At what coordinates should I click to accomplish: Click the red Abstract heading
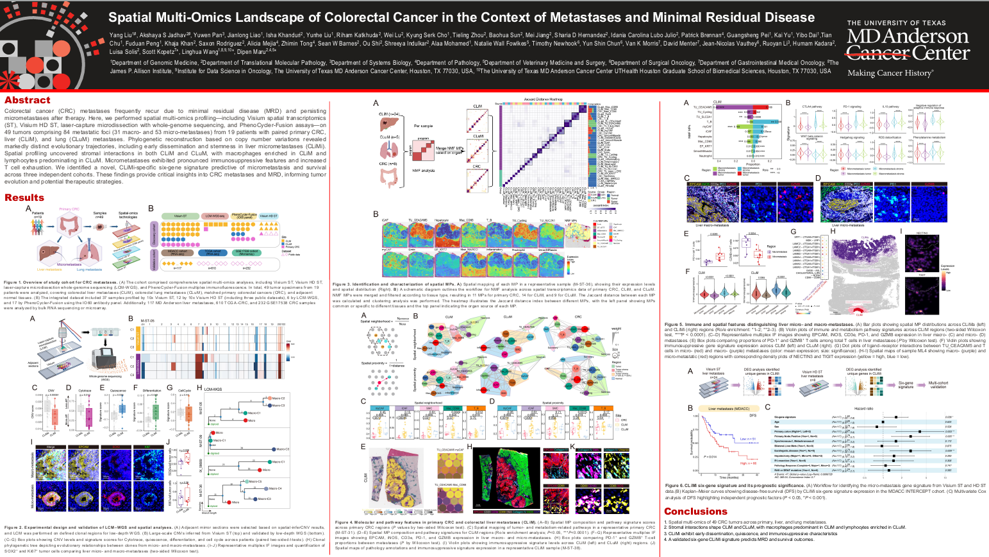click(27, 100)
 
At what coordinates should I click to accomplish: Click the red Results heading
click(24, 198)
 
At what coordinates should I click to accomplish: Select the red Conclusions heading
click(695, 511)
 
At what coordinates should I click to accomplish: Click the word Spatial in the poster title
click(131, 17)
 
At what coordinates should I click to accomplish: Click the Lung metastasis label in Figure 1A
click(89, 270)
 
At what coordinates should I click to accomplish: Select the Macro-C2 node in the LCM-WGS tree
click(278, 398)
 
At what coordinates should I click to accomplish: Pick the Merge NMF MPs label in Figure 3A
click(449, 150)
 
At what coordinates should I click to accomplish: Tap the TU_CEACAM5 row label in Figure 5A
click(704, 107)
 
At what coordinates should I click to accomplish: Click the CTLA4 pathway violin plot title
click(812, 107)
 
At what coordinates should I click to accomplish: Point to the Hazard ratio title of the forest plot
click(863, 408)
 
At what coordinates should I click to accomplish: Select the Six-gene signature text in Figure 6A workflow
click(905, 385)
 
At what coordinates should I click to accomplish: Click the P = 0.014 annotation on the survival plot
click(710, 456)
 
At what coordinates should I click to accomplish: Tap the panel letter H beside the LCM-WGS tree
click(199, 388)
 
